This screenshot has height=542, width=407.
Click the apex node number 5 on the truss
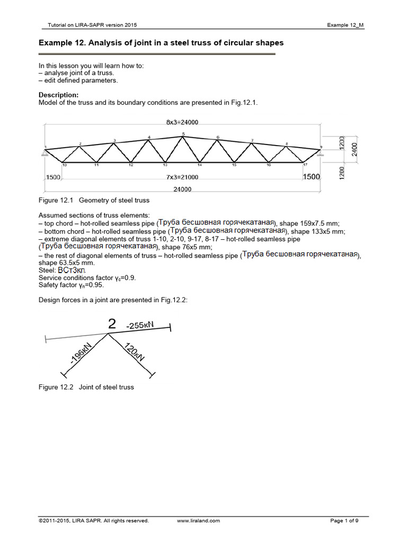pos(183,134)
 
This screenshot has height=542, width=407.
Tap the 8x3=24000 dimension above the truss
pos(182,122)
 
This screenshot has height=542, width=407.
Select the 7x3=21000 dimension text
pos(182,177)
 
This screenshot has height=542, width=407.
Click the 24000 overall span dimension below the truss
pos(182,189)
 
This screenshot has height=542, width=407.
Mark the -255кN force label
pos(140,325)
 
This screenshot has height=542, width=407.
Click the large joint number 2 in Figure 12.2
pos(112,324)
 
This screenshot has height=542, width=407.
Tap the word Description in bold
pos(58,95)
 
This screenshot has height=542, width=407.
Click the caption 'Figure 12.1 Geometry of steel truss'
pos(94,201)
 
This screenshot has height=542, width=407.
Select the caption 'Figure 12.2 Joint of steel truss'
pos(86,387)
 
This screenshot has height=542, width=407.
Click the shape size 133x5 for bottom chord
pos(317,231)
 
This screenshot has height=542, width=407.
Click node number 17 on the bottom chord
pos(305,165)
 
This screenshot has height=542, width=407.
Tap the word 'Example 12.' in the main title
pos(59,43)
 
